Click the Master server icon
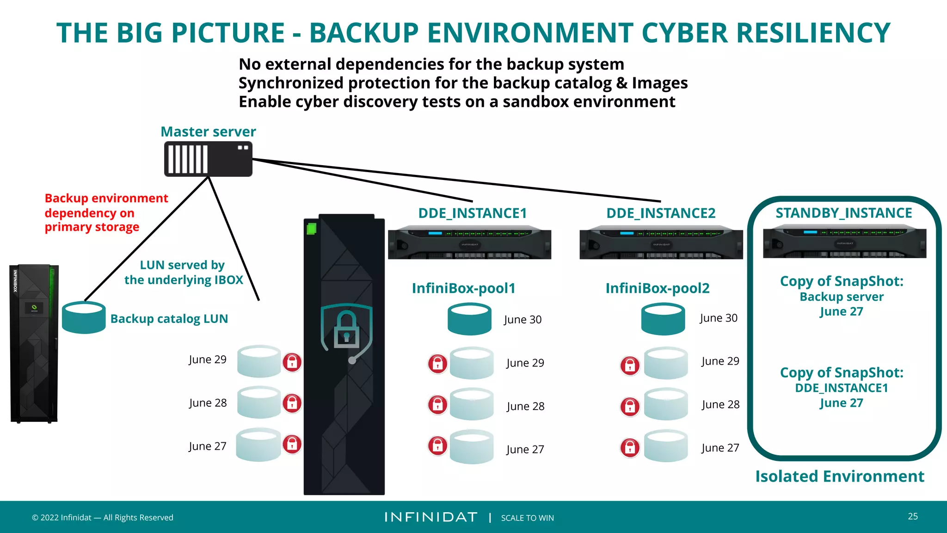[208, 159]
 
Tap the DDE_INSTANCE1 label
[473, 213]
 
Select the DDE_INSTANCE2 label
[661, 213]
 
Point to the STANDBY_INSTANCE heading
[844, 213]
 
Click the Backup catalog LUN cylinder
[84, 317]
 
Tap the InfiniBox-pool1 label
[463, 288]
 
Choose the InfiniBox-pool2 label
[658, 288]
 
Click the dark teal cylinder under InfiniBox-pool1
[469, 319]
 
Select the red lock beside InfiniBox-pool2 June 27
[630, 447]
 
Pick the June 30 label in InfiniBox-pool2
[718, 318]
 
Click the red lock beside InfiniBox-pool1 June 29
[437, 364]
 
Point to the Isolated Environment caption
[840, 476]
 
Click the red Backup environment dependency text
[106, 212]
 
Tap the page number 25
[913, 516]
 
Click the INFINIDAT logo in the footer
[431, 517]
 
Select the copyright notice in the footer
[102, 517]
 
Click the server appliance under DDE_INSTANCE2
[661, 243]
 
